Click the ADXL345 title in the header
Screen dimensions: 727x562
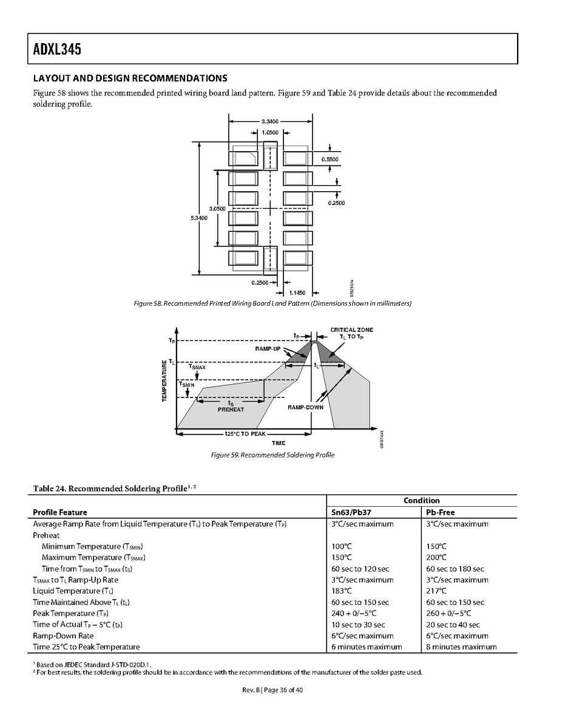pyautogui.click(x=54, y=49)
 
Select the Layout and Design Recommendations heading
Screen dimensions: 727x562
pyautogui.click(x=130, y=78)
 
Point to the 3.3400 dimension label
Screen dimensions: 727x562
pyautogui.click(x=269, y=121)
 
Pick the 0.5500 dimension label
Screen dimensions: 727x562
pyautogui.click(x=330, y=159)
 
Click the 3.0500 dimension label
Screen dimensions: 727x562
pyautogui.click(x=217, y=209)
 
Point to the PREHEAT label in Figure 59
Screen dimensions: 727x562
pyautogui.click(x=231, y=410)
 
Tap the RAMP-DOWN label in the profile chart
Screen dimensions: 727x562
pyautogui.click(x=305, y=407)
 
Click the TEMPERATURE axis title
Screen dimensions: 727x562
pyautogui.click(x=164, y=380)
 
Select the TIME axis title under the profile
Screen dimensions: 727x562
pyautogui.click(x=278, y=443)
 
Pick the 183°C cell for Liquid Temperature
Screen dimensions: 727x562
pyautogui.click(x=342, y=591)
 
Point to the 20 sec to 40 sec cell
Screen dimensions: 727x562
pyautogui.click(x=453, y=624)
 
